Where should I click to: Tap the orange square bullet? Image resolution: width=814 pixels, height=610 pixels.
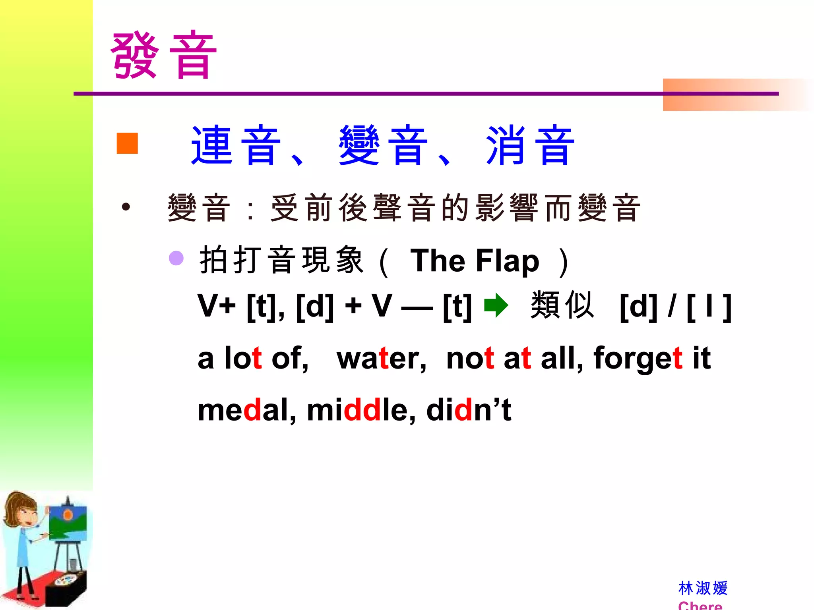click(127, 143)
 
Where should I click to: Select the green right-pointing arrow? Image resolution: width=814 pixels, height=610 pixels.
click(496, 305)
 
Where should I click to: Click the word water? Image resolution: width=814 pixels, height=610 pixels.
click(381, 358)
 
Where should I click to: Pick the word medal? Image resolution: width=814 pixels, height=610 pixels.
click(246, 410)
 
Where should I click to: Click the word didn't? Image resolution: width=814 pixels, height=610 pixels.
click(469, 410)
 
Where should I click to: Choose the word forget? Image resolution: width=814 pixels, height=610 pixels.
click(638, 358)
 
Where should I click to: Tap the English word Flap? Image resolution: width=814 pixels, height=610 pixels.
click(507, 261)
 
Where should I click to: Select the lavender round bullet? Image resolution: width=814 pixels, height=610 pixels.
click(176, 258)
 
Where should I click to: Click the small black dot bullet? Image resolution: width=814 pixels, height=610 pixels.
click(126, 207)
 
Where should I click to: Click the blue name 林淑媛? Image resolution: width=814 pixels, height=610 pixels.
click(703, 588)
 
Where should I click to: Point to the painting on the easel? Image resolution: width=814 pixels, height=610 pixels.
click(68, 523)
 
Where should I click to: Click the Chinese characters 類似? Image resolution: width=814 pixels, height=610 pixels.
click(562, 305)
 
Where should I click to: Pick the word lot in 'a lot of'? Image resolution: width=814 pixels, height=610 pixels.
click(243, 358)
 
